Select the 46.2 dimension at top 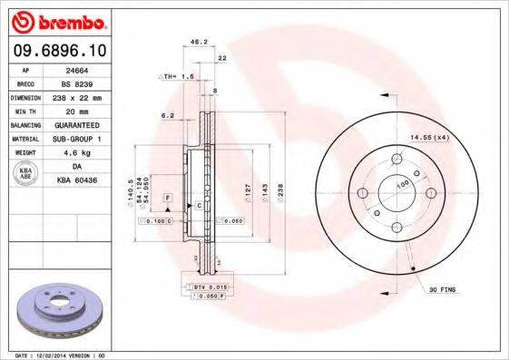tap(194, 42)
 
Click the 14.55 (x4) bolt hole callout tap(429, 137)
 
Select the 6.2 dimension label tap(166, 116)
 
